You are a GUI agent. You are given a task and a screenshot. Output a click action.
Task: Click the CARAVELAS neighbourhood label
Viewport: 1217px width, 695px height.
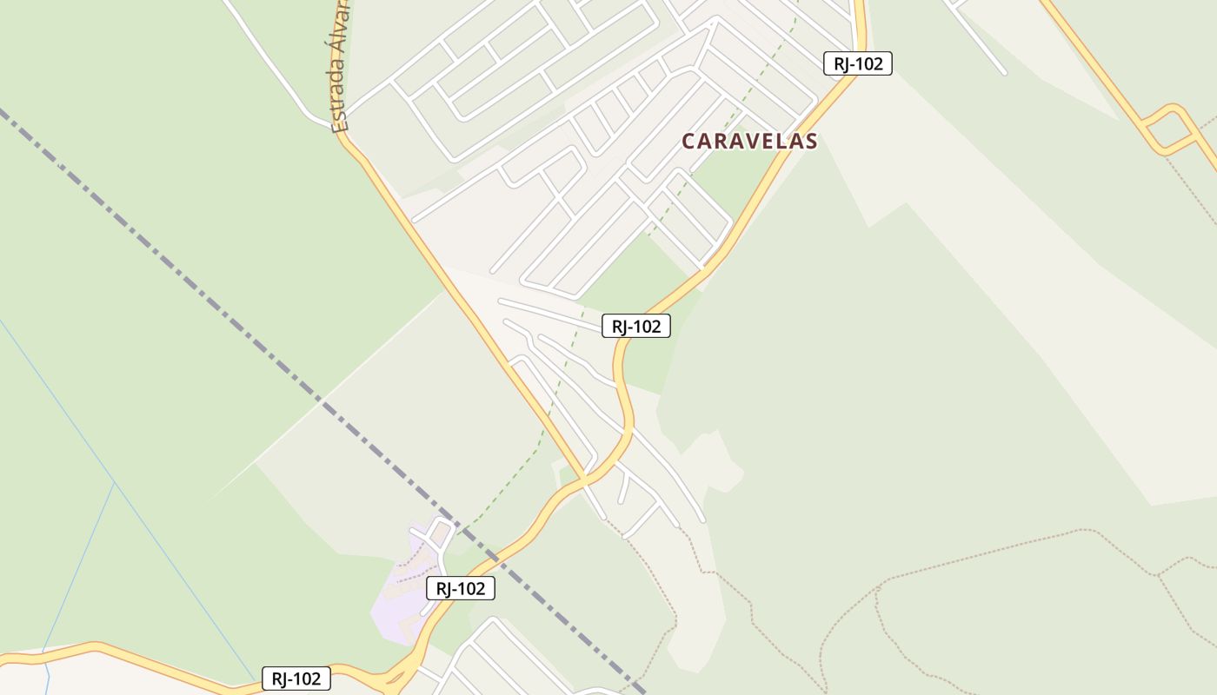click(x=749, y=141)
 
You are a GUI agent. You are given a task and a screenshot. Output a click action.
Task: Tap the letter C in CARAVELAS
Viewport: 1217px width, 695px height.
click(x=688, y=142)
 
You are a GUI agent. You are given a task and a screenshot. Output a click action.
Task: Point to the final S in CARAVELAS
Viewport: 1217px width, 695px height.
click(x=811, y=142)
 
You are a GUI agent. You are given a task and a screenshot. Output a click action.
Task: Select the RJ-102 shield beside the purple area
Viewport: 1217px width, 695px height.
click(x=460, y=588)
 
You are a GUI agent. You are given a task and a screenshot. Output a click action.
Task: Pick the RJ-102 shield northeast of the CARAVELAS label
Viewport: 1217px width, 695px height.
click(x=857, y=63)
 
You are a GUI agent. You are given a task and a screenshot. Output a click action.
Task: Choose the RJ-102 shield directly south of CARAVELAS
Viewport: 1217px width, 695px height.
click(x=635, y=327)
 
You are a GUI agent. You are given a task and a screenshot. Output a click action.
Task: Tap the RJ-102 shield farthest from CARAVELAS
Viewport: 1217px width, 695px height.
click(x=296, y=679)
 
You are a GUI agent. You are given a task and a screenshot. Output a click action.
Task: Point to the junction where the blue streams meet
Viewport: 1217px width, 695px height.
click(x=115, y=483)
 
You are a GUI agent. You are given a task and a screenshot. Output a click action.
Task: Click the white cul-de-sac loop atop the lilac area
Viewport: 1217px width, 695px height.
click(x=442, y=532)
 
